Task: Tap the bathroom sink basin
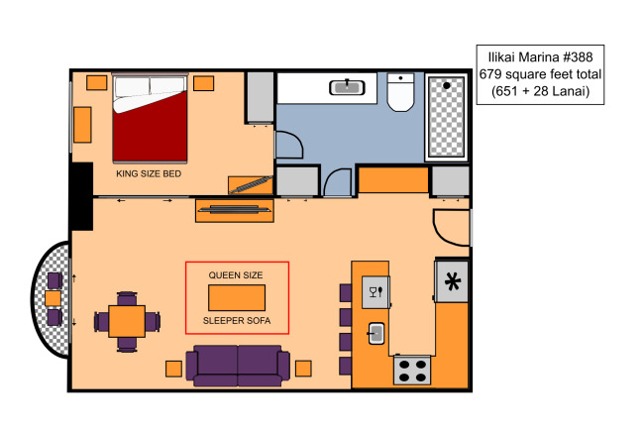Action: tap(347, 88)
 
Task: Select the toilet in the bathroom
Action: tap(400, 92)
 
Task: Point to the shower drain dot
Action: tap(447, 85)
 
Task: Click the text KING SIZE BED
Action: tap(149, 173)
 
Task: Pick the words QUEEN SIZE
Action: tap(236, 275)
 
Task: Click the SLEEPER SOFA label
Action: tap(237, 321)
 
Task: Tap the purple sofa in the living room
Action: tap(238, 366)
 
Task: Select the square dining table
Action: tap(127, 321)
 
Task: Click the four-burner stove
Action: tap(412, 371)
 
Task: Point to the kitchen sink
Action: tap(376, 333)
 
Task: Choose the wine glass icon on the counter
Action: tap(374, 292)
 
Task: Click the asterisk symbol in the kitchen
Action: tap(452, 281)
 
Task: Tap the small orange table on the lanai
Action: tap(53, 298)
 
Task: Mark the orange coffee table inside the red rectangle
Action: tap(237, 298)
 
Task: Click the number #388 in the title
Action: tap(578, 56)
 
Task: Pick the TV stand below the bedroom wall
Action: tap(235, 211)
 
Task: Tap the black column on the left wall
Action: tap(81, 196)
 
